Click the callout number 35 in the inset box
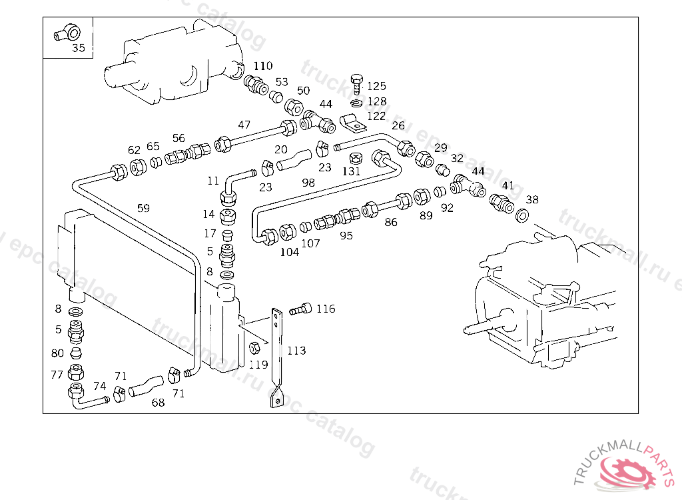tap(79, 48)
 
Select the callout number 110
tap(263, 66)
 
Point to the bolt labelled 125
tap(356, 84)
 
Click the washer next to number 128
tap(356, 102)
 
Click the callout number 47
tap(244, 125)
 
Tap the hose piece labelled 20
tap(293, 161)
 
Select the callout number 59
tap(143, 207)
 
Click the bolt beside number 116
tap(301, 309)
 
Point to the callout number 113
tap(296, 351)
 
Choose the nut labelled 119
tap(254, 348)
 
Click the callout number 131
tap(351, 171)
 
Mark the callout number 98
tap(308, 183)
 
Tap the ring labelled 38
tap(523, 215)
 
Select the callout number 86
tap(391, 222)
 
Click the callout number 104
tap(290, 252)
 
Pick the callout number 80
tap(58, 353)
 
